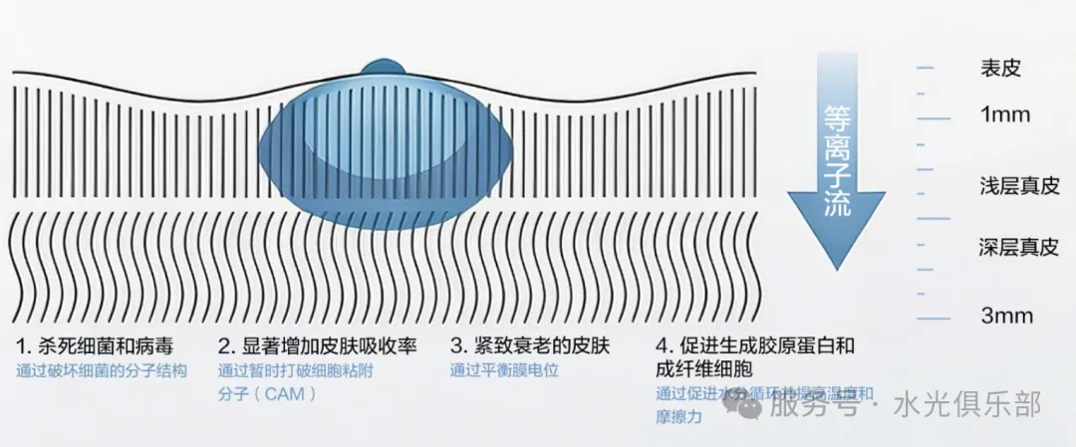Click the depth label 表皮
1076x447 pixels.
(1000, 69)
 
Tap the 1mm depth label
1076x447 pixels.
(1004, 115)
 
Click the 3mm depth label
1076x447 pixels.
(1006, 317)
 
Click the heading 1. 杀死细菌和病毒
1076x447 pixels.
(95, 346)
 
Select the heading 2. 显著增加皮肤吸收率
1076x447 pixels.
(317, 346)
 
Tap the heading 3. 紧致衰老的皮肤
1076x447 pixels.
(529, 346)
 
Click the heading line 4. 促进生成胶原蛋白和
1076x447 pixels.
(756, 346)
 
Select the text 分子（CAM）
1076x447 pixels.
(267, 394)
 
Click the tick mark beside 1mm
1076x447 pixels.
(934, 117)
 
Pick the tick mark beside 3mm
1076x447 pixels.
(934, 318)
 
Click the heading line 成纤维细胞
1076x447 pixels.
(708, 370)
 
